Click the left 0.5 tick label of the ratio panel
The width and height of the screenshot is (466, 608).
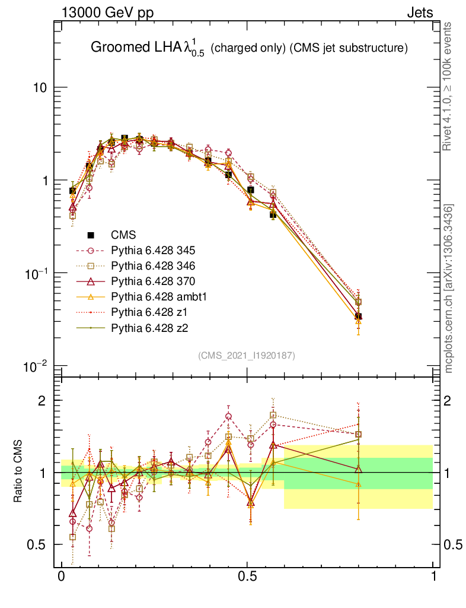37,544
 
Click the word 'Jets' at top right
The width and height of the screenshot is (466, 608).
420,13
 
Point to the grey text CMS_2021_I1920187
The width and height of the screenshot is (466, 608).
247,355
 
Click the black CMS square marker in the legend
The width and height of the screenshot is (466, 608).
91,235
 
